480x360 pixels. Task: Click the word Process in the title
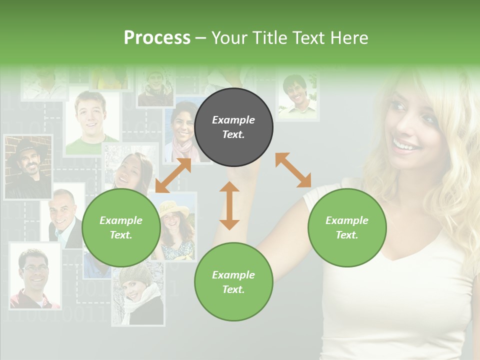pyautogui.click(x=157, y=38)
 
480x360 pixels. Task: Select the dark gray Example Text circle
pyautogui.click(x=233, y=127)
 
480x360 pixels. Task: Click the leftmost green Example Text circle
pyautogui.click(x=121, y=227)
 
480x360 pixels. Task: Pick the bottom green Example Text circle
pyautogui.click(x=233, y=282)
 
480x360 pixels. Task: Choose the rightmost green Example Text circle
pyautogui.click(x=347, y=227)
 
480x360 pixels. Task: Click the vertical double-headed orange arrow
pyautogui.click(x=229, y=205)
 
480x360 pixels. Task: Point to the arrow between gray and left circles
pyautogui.click(x=173, y=175)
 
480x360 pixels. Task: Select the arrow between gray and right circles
pyautogui.click(x=293, y=170)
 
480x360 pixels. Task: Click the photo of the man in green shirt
pyautogui.click(x=91, y=122)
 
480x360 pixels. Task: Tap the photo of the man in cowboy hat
pyautogui.click(x=28, y=166)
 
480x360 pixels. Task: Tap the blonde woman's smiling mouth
pyautogui.click(x=405, y=145)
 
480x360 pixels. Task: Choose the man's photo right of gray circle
pyautogui.click(x=297, y=96)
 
